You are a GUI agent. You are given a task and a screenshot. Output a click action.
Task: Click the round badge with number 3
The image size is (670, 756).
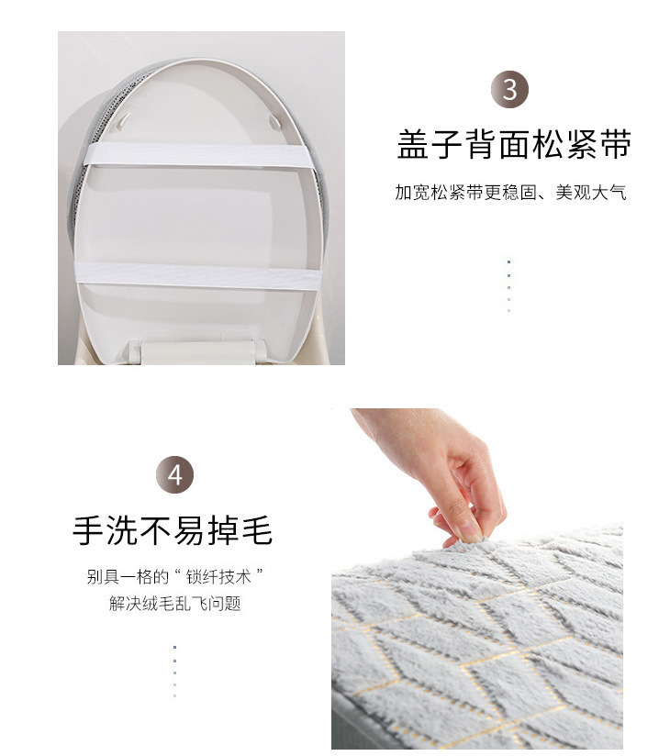point(509,89)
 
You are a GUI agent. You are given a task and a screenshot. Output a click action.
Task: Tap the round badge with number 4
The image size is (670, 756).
point(174,474)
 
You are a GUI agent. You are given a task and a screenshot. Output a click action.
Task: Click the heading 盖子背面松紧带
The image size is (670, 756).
point(514,144)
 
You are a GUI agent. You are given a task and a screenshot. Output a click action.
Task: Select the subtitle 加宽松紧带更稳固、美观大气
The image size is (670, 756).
point(510,193)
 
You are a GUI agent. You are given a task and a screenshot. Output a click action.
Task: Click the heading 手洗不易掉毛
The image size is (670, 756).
point(173,530)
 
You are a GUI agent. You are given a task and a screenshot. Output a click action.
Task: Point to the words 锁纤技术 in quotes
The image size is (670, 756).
point(218,577)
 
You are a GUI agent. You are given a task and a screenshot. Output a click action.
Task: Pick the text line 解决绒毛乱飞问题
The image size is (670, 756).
point(174,603)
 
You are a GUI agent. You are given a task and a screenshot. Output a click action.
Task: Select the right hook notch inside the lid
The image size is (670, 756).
point(275,121)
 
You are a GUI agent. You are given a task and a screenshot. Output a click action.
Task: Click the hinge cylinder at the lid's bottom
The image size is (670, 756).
point(196,351)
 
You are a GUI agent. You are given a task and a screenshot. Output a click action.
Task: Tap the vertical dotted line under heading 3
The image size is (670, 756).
point(508,286)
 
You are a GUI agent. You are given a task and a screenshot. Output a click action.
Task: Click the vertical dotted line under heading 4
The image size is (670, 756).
point(174,672)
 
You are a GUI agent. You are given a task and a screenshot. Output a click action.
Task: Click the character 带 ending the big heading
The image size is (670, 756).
point(616,144)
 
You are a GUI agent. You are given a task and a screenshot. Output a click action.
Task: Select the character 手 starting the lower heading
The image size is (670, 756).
point(88,530)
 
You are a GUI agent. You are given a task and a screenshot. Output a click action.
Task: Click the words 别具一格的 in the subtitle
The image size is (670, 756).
point(128,577)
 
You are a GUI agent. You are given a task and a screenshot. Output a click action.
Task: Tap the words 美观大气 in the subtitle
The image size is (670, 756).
point(591,193)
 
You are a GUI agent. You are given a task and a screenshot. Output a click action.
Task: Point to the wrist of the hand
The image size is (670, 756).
point(381,424)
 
